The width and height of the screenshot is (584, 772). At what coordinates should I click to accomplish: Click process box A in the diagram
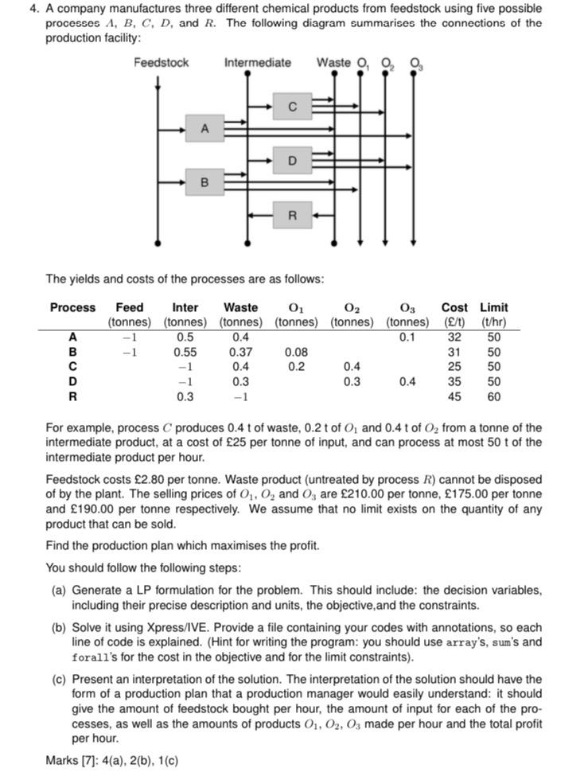[205, 127]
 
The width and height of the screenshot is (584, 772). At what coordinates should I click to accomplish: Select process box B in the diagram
[205, 182]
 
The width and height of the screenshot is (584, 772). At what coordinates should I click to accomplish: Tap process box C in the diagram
[292, 106]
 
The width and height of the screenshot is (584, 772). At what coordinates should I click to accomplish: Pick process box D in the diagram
[292, 161]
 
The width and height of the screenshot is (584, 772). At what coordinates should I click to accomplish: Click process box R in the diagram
[292, 215]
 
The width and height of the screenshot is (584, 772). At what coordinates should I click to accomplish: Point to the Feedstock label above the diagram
[161, 63]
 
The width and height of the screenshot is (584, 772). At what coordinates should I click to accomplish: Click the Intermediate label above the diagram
[257, 63]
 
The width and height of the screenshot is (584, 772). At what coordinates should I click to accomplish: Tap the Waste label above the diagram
[333, 63]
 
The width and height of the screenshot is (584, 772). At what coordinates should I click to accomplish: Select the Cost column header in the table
[454, 307]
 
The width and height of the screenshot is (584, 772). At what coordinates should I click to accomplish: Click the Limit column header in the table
[493, 307]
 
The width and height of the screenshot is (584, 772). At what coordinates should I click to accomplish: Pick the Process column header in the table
[72, 307]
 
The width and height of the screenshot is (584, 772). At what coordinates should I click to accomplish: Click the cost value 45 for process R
[454, 396]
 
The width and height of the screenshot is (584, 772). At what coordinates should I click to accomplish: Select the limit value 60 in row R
[494, 396]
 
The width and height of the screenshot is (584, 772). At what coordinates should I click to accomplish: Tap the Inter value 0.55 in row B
[185, 351]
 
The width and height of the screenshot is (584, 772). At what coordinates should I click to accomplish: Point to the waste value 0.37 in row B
[240, 351]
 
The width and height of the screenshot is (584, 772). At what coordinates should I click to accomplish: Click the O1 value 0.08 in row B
[296, 351]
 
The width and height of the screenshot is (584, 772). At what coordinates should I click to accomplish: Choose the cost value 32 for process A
[454, 336]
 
